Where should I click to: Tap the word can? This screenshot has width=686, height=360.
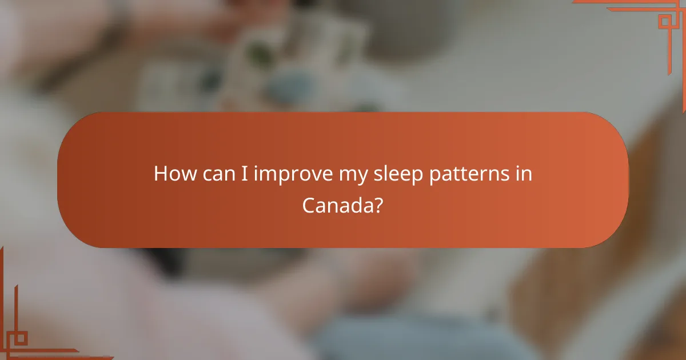point(218,174)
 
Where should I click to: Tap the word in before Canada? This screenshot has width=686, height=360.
point(525,174)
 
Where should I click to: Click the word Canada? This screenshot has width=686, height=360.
point(338,205)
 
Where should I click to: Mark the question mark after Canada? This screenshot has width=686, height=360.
point(378,205)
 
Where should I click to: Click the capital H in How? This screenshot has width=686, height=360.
point(161,174)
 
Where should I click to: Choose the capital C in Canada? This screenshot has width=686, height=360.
point(309,205)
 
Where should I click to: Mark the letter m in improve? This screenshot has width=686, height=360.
point(266,175)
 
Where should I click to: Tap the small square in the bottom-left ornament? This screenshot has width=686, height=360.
point(21,338)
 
